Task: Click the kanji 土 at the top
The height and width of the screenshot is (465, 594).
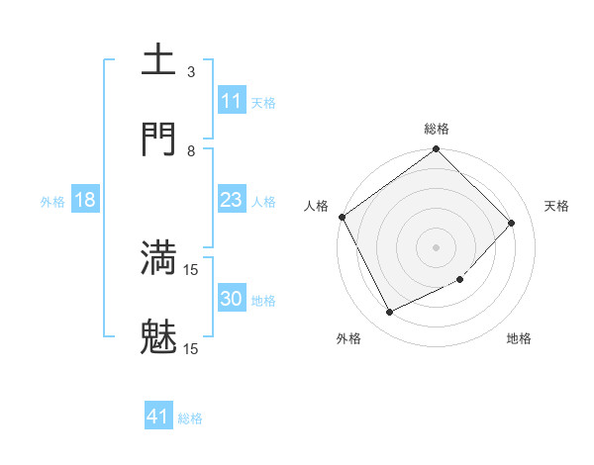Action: [x=159, y=60]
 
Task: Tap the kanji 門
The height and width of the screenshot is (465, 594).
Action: [x=159, y=139]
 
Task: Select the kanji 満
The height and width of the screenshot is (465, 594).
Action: [x=159, y=256]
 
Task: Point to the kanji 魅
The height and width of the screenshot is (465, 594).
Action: [x=159, y=336]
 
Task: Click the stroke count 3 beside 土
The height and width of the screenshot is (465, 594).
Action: [x=191, y=71]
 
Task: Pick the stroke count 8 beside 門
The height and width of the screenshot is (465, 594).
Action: [x=191, y=150]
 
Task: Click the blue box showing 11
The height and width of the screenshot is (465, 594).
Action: [x=231, y=101]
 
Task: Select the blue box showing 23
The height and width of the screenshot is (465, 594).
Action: [x=231, y=200]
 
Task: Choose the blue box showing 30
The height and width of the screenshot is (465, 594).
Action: [x=231, y=299]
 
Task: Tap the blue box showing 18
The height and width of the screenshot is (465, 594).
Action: [x=85, y=200]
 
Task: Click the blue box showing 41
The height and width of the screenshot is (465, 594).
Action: [x=158, y=417]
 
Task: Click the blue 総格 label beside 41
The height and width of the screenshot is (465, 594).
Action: [x=190, y=418]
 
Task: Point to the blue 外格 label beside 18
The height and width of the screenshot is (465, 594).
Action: [x=52, y=202]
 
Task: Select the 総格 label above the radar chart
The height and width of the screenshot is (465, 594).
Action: [x=437, y=129]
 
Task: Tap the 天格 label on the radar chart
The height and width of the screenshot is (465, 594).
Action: [x=557, y=206]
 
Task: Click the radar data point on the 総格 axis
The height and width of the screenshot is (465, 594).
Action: [x=437, y=150]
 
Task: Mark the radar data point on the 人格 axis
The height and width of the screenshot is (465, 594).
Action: [x=342, y=217]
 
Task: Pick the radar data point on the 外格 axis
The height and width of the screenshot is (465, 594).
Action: [x=389, y=312]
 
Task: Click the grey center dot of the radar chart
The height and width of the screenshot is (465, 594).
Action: [x=437, y=246]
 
